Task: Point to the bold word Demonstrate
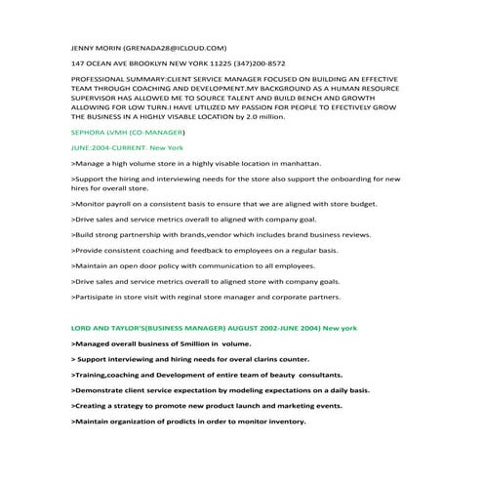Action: [x=106, y=389]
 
